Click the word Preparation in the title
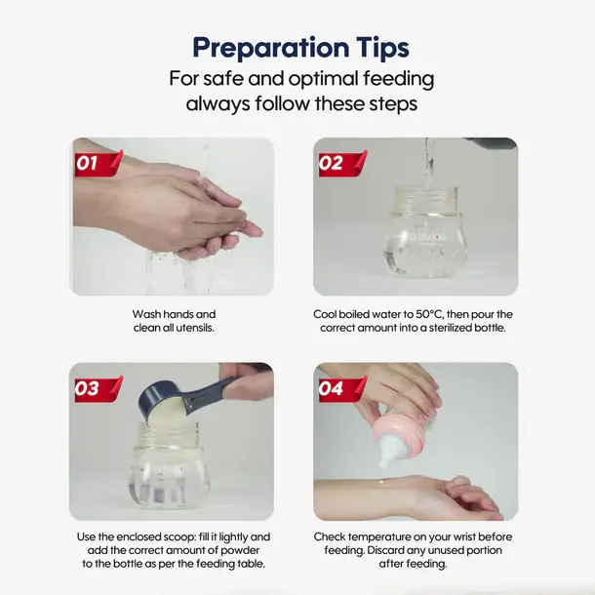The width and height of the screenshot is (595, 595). tap(271, 48)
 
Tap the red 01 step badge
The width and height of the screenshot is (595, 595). tap(99, 163)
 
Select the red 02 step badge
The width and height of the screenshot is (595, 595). tap(342, 163)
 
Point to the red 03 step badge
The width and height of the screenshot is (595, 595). tap(99, 388)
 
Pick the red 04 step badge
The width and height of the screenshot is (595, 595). tap(342, 388)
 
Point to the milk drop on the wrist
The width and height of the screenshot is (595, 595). tap(380, 482)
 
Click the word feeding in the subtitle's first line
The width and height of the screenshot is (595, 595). tap(398, 80)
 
